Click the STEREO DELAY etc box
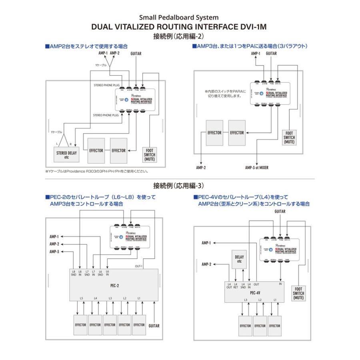click(67, 154)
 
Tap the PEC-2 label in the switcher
click(114, 285)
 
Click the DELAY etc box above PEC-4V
click(240, 259)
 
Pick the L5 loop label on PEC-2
click(81, 298)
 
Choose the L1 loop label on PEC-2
click(139, 298)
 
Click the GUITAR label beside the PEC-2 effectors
click(154, 326)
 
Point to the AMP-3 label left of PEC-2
click(54, 252)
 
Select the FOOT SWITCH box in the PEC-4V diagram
click(298, 293)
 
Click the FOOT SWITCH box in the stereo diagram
click(150, 155)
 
